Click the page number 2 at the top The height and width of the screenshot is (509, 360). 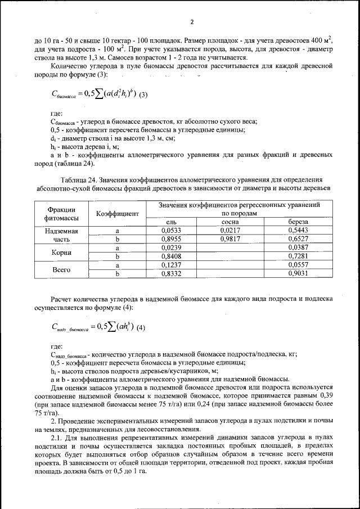point(191,22)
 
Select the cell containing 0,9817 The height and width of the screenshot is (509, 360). point(231,239)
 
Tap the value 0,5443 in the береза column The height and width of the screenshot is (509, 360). point(299,231)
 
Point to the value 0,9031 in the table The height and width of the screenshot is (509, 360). point(299,274)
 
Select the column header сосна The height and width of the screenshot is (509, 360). point(231,222)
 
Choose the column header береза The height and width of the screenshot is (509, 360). point(299,222)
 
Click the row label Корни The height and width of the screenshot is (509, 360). point(62,252)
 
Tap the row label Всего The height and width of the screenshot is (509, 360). point(62,269)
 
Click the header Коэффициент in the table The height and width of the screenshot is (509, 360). point(118,214)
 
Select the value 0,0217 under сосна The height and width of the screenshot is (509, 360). point(231,231)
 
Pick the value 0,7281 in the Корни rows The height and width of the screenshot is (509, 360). point(299,256)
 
